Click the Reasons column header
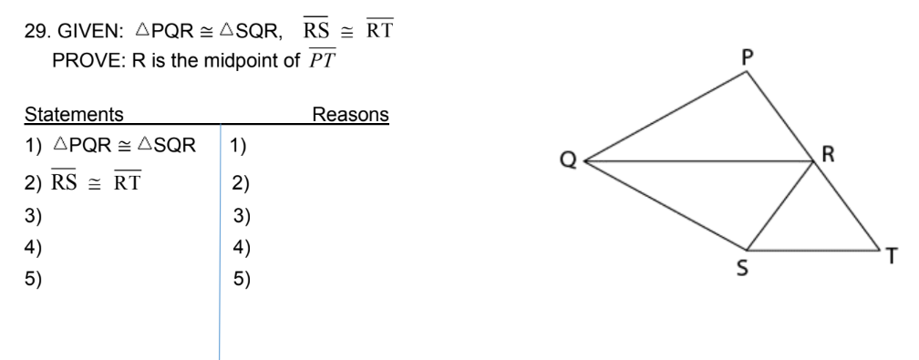[x=351, y=116]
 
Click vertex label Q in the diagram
[x=569, y=162]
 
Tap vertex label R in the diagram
[x=829, y=155]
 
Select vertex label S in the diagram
[x=745, y=270]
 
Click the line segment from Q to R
[x=697, y=161]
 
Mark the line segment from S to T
[x=811, y=249]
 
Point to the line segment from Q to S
[x=666, y=205]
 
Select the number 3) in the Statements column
[x=36, y=217]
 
